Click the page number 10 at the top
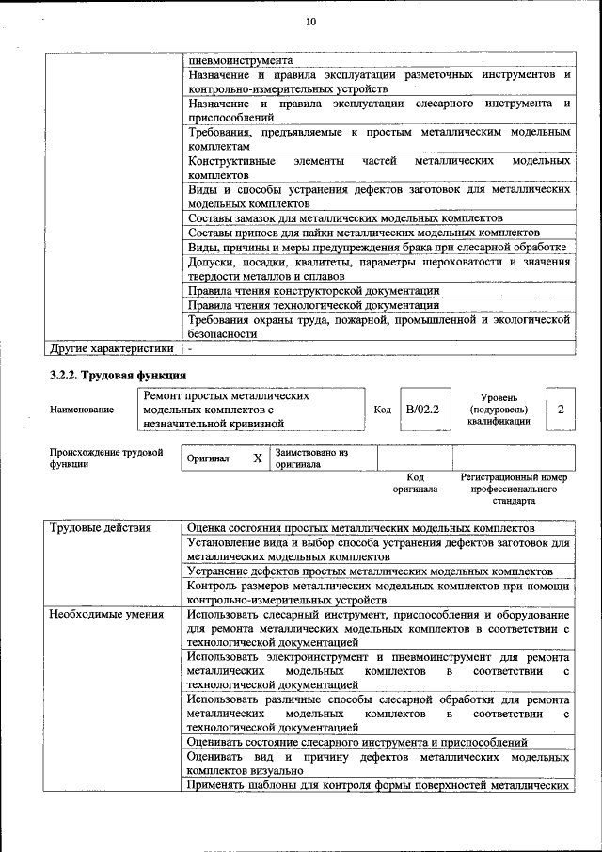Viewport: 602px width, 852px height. point(311,22)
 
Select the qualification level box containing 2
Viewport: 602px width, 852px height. point(561,410)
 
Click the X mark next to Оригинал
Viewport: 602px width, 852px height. point(257,458)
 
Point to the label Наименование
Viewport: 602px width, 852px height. point(83,410)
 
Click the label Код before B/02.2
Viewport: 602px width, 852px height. point(382,410)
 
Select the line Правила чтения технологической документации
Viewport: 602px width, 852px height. point(313,305)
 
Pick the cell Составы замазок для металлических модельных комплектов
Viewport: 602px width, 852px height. point(345,217)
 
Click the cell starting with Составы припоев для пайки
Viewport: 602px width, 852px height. point(364,233)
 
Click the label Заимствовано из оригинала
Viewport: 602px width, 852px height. point(311,458)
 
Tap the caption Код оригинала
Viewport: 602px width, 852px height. point(415,483)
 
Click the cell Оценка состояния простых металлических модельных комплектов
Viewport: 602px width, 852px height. point(361,528)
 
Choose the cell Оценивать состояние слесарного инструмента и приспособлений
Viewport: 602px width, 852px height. point(357,743)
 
